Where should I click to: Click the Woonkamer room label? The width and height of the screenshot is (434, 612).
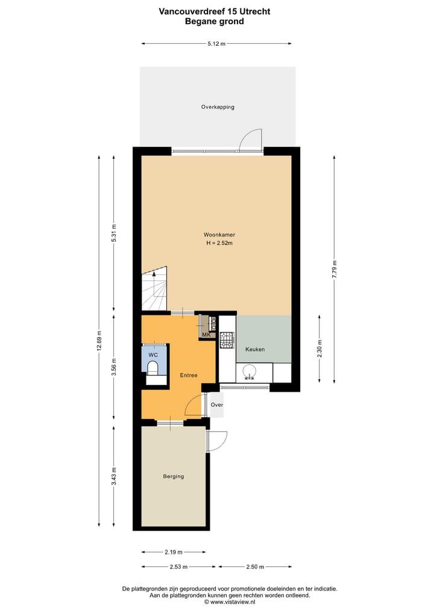[x=219, y=235]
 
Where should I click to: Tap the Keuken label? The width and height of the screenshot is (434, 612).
[x=254, y=349]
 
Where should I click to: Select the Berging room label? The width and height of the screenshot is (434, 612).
[x=173, y=477]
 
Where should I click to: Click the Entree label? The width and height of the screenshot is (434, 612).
[x=189, y=376]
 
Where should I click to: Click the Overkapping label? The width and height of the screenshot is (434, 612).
[x=218, y=107]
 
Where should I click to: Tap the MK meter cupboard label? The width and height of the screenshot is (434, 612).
[x=206, y=335]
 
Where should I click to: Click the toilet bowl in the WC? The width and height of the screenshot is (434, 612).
[x=153, y=368]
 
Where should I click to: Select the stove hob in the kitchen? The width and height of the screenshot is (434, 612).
[x=227, y=341]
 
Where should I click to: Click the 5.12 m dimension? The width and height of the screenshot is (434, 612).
[x=216, y=44]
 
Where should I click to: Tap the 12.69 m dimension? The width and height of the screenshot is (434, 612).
[x=99, y=342]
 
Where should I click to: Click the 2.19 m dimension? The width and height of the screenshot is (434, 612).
[x=173, y=552]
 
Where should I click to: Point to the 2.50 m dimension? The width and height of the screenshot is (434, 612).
[x=255, y=567]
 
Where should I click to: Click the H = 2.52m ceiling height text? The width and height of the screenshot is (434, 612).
[x=219, y=243]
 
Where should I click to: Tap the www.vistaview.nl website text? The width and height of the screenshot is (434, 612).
[x=230, y=602]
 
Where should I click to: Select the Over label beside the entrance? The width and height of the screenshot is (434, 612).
[x=216, y=405]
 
